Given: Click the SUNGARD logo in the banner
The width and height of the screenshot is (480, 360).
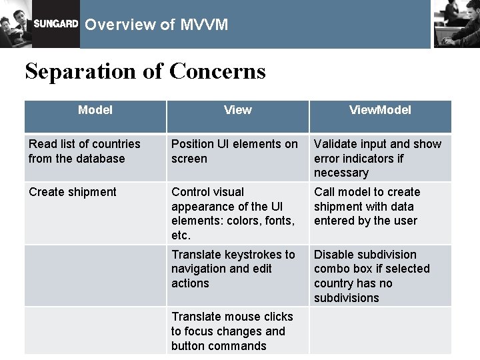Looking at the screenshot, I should pyautogui.click(x=56, y=25).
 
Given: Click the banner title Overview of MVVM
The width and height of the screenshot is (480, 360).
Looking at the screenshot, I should pyautogui.click(x=157, y=25).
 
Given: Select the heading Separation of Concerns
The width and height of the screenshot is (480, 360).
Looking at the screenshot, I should pyautogui.click(x=145, y=71).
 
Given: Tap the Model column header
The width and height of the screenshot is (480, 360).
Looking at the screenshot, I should pyautogui.click(x=95, y=110).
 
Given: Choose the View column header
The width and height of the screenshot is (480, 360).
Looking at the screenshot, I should pyautogui.click(x=238, y=110).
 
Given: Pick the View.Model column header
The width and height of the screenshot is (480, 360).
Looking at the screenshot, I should pyautogui.click(x=380, y=110).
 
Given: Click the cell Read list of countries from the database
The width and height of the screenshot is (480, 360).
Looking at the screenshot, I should pyautogui.click(x=85, y=151).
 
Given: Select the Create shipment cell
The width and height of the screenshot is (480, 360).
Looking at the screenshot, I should pyautogui.click(x=73, y=192).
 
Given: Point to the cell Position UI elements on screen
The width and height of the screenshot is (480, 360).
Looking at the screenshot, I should pyautogui.click(x=235, y=151).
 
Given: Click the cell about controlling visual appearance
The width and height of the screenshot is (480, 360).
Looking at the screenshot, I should pyautogui.click(x=233, y=213).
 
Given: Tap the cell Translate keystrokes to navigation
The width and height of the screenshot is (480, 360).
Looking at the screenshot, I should pyautogui.click(x=233, y=269).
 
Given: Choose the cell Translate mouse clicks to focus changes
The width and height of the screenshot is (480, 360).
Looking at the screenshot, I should pyautogui.click(x=231, y=331).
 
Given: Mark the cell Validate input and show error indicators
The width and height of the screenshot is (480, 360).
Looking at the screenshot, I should pyautogui.click(x=377, y=158).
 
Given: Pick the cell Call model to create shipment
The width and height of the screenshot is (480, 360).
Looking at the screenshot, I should pyautogui.click(x=367, y=206).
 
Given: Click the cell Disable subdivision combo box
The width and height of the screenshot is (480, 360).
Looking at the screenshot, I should pyautogui.click(x=371, y=276).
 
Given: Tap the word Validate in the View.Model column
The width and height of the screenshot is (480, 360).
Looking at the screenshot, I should pyautogui.click(x=334, y=144).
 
